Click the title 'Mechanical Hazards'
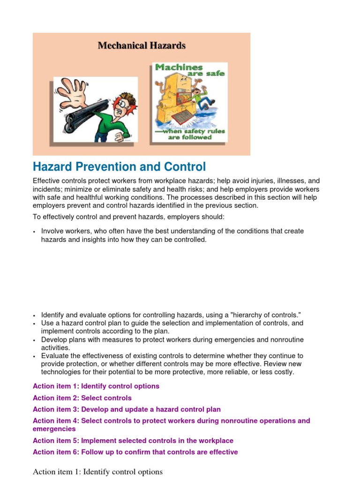(142, 45)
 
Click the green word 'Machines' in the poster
(179, 67)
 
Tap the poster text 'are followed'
(190, 137)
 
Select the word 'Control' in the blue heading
(185, 166)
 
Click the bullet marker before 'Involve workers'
(35, 232)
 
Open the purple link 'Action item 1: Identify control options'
(96, 386)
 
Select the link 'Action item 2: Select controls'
(82, 398)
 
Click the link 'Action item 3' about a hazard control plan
(127, 409)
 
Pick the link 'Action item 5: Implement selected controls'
(133, 441)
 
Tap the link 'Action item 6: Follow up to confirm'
(135, 452)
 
